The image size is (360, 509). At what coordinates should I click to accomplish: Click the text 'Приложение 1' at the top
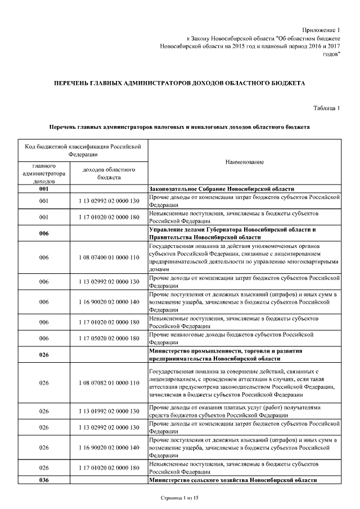[321, 29]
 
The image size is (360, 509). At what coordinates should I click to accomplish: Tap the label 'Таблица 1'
[326, 107]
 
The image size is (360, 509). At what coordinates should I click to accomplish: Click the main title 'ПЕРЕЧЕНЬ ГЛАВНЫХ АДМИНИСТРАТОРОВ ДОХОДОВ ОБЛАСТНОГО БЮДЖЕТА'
[179, 83]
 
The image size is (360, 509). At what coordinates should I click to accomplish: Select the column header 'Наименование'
[245, 162]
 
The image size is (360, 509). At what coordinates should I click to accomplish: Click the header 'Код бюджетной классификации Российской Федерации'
[83, 150]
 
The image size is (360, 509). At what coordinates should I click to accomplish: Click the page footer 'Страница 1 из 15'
[179, 498]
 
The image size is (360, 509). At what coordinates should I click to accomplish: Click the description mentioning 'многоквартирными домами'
[244, 258]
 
